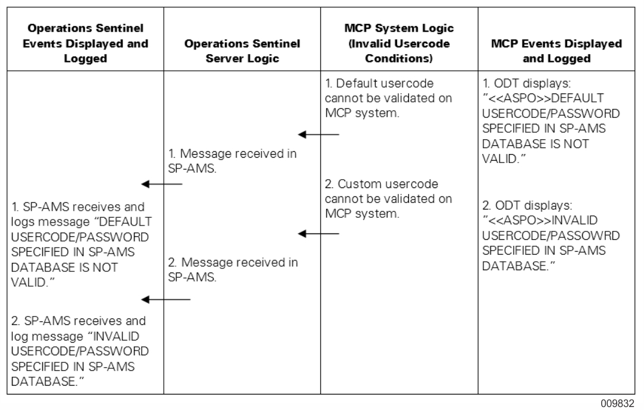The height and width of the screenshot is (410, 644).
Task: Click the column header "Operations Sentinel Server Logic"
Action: [241, 51]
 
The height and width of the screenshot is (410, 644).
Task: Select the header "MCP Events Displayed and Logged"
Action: [557, 51]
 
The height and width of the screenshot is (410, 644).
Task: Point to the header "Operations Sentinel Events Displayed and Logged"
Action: [82, 43]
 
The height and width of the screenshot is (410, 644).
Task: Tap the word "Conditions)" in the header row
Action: [399, 59]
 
